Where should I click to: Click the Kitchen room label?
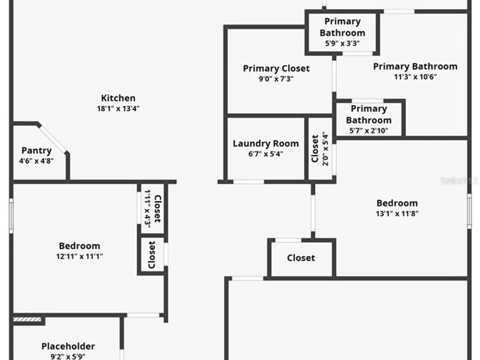[x=118, y=98]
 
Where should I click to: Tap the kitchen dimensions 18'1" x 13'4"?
[x=118, y=108]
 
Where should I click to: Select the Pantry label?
[x=36, y=151]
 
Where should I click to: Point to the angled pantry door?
[x=53, y=139]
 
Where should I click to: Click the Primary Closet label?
[x=276, y=69]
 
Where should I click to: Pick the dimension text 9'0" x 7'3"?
[x=276, y=79]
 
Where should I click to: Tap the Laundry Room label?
[x=266, y=144]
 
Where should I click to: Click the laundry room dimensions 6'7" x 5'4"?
[x=266, y=154]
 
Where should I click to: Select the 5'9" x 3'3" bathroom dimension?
[x=342, y=43]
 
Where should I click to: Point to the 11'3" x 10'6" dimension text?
[x=415, y=76]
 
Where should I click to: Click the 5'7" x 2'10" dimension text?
[x=369, y=131]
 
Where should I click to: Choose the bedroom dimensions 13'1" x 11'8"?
[x=397, y=214]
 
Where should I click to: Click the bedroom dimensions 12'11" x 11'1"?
[x=79, y=256]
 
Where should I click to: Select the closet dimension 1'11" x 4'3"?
[x=147, y=209]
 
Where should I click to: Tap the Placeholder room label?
[x=68, y=346]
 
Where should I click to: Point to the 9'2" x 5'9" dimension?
[x=68, y=356]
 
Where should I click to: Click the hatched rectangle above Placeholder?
[x=27, y=320]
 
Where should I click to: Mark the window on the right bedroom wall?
[x=469, y=211]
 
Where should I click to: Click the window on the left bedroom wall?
[x=11, y=216]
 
